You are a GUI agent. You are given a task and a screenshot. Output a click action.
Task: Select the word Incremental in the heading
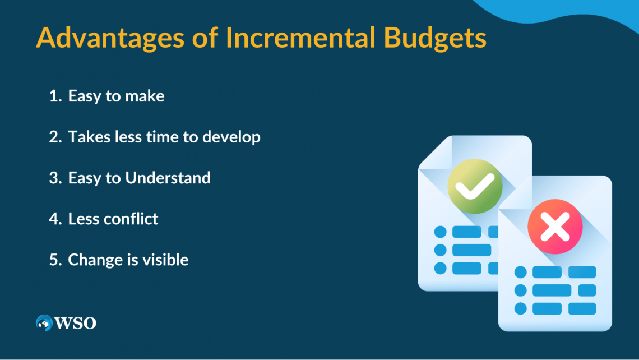pos(300,38)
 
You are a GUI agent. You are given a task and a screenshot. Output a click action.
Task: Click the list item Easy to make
pos(116,96)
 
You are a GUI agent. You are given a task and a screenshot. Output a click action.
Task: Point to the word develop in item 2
pos(231,137)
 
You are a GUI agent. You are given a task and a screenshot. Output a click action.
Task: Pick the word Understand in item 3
pos(168,178)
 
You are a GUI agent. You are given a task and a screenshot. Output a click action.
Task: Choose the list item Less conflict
pos(113,219)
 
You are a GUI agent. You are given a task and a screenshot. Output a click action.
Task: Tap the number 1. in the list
pos(55,96)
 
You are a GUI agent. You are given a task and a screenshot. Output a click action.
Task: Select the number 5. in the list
pos(55,260)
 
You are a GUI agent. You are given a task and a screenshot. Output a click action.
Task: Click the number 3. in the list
pos(55,178)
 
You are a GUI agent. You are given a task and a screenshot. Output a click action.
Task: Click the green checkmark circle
pos(475,186)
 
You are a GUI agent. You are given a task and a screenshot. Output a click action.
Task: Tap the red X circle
pos(555,227)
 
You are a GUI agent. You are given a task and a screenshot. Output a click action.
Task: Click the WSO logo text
pos(76,324)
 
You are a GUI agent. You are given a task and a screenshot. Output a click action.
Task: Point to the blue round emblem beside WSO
pos(44,323)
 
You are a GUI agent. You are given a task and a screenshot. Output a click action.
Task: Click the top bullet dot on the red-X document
pos(520,272)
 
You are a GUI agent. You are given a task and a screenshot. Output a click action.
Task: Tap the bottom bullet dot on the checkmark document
pos(440,268)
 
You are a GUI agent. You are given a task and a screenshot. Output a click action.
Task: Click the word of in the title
pos(205,38)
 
